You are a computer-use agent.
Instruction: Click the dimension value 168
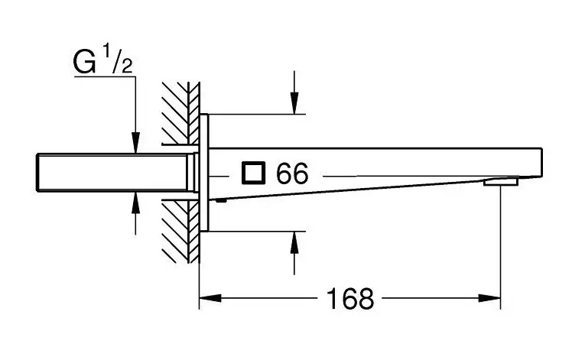pyautogui.click(x=351, y=298)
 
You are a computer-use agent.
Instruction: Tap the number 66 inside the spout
pyautogui.click(x=292, y=174)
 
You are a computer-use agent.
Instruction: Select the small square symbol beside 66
pyautogui.click(x=252, y=174)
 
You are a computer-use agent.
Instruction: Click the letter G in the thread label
pyautogui.click(x=84, y=63)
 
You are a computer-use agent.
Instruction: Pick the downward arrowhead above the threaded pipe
pyautogui.click(x=135, y=144)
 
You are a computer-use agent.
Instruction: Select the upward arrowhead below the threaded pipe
pyautogui.click(x=135, y=202)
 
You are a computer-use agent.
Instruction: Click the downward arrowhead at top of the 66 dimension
pyautogui.click(x=294, y=105)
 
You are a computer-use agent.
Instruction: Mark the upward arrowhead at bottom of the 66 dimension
pyautogui.click(x=294, y=240)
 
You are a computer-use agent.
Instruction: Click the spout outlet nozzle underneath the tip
pyautogui.click(x=501, y=182)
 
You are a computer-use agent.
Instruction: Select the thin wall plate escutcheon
pyautogui.click(x=204, y=174)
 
